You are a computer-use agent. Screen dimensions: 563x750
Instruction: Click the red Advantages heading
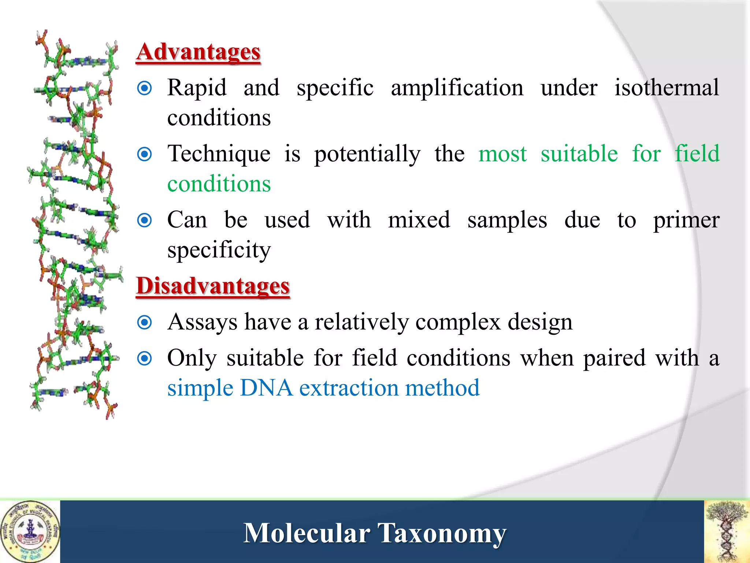[x=198, y=52]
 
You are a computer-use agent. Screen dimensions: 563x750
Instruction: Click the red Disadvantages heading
[x=213, y=286]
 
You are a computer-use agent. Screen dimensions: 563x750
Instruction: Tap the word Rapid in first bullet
[x=197, y=88]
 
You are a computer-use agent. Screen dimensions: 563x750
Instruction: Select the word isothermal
[x=667, y=88]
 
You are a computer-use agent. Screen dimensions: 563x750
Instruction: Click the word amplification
[x=457, y=88]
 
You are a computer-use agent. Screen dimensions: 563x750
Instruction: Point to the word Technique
[x=219, y=154]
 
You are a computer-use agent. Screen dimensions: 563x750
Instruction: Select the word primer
[x=686, y=221]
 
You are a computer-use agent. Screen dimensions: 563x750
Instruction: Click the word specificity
[x=219, y=250]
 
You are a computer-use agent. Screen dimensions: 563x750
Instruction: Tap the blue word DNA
[x=266, y=388]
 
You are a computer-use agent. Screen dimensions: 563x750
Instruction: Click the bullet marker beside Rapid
[x=144, y=88]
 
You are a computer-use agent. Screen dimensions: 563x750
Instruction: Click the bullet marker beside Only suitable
[x=144, y=358]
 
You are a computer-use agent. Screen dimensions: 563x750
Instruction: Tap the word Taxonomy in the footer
[x=442, y=533]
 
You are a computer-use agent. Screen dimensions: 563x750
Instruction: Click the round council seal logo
[x=30, y=531]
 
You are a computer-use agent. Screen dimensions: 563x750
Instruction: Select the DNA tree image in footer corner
[x=727, y=531]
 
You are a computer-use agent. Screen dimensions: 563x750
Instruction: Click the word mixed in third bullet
[x=419, y=220]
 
